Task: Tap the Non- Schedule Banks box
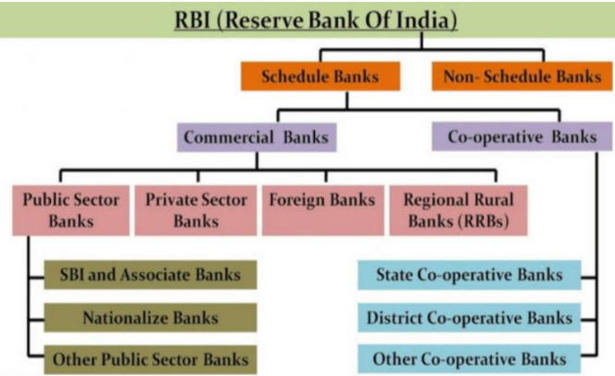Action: coord(522,76)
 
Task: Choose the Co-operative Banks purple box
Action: coord(521,138)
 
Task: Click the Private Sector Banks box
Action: coord(195,210)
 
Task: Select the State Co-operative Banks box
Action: coord(471,275)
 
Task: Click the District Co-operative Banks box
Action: coord(471,318)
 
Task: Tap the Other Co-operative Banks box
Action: coord(471,358)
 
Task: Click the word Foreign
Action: coord(296,200)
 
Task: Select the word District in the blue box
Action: coord(397,318)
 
